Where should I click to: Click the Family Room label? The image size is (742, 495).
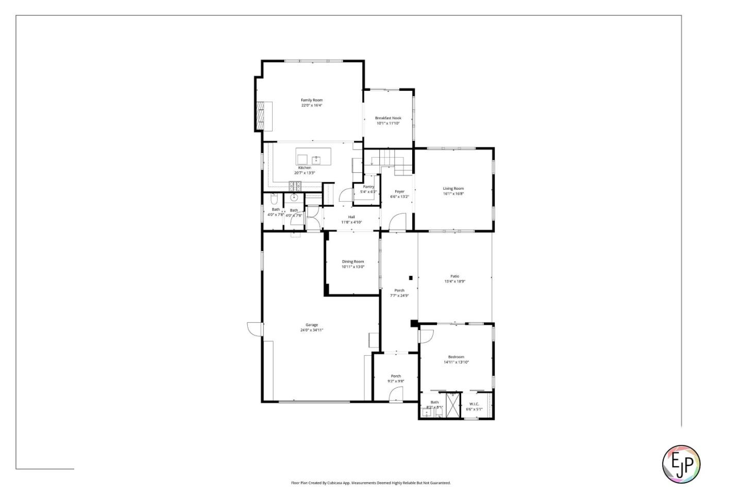click(312, 100)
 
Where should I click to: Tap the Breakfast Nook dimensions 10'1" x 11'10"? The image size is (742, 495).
click(388, 123)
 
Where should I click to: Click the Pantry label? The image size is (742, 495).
click(368, 187)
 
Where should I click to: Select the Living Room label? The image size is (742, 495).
click(453, 189)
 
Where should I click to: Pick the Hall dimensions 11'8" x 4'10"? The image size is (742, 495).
click(351, 222)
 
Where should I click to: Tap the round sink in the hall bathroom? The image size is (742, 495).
click(294, 197)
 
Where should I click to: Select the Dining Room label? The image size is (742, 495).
click(353, 261)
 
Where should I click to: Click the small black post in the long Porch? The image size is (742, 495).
click(411, 278)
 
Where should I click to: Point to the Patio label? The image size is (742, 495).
click(454, 276)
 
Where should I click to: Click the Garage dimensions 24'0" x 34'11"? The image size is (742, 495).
click(312, 330)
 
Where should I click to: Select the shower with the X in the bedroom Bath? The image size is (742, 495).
click(452, 405)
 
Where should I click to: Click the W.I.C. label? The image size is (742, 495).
click(474, 404)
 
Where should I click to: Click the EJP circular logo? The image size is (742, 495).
click(681, 464)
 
